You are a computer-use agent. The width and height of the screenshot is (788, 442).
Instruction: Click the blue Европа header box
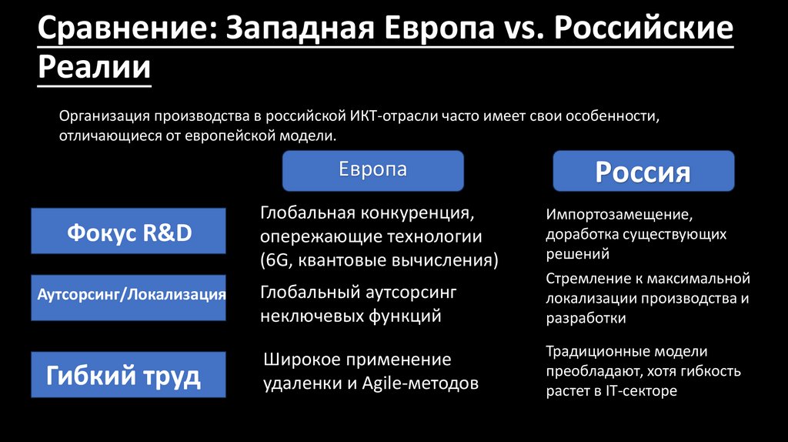pos(373,170)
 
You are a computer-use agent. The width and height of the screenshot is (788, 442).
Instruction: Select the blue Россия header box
pos(643,171)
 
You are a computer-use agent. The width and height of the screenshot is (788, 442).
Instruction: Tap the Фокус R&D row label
pos(129,231)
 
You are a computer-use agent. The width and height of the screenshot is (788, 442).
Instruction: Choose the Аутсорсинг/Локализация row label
pos(129,296)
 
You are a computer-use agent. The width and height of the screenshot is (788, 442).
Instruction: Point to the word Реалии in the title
pos(94,68)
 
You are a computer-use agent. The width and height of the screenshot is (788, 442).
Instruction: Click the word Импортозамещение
pos(614,215)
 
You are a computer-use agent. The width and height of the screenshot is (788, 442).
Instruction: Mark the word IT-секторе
pos(641,391)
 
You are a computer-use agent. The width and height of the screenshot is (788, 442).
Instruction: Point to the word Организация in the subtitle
pos(104,116)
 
